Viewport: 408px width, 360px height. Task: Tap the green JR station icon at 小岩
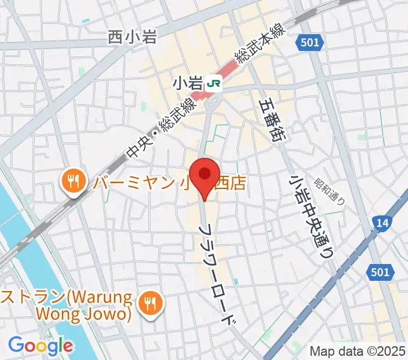212,84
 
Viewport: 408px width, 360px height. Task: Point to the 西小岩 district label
133,37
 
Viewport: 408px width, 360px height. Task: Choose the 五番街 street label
273,121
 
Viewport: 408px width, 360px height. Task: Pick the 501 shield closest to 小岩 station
310,42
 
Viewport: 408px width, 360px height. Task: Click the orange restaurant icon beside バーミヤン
73,181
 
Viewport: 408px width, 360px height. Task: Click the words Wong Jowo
92,313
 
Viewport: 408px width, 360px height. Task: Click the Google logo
40,346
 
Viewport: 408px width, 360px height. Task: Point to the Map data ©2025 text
358,351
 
